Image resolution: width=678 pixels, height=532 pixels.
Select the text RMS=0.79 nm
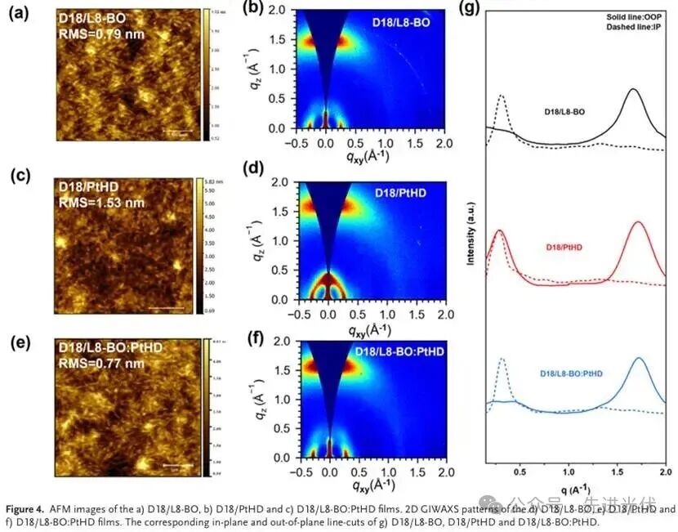click(94, 34)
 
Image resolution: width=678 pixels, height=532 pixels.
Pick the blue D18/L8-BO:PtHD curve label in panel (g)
click(572, 373)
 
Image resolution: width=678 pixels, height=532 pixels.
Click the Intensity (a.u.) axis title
click(471, 241)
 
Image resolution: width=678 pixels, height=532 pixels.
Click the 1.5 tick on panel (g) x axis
click(618, 470)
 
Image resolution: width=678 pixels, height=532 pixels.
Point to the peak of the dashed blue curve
click(502, 359)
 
